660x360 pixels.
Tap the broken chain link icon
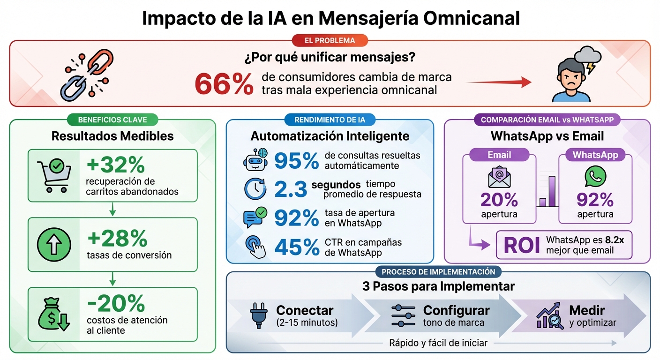pyautogui.click(x=87, y=75)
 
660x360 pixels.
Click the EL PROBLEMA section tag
pyautogui.click(x=330, y=40)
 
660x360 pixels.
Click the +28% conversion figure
pyautogui.click(x=117, y=239)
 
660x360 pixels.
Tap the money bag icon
pyautogui.click(x=53, y=315)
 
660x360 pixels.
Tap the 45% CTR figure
pyautogui.click(x=296, y=247)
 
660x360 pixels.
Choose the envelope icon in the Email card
pyautogui.click(x=499, y=177)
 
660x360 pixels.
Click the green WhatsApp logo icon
pyautogui.click(x=595, y=177)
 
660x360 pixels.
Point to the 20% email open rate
pyautogui.click(x=499, y=200)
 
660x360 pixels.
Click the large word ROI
pyautogui.click(x=521, y=245)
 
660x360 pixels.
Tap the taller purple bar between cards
pyautogui.click(x=552, y=191)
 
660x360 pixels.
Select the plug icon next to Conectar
pyautogui.click(x=257, y=315)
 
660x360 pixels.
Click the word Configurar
pyautogui.click(x=456, y=310)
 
